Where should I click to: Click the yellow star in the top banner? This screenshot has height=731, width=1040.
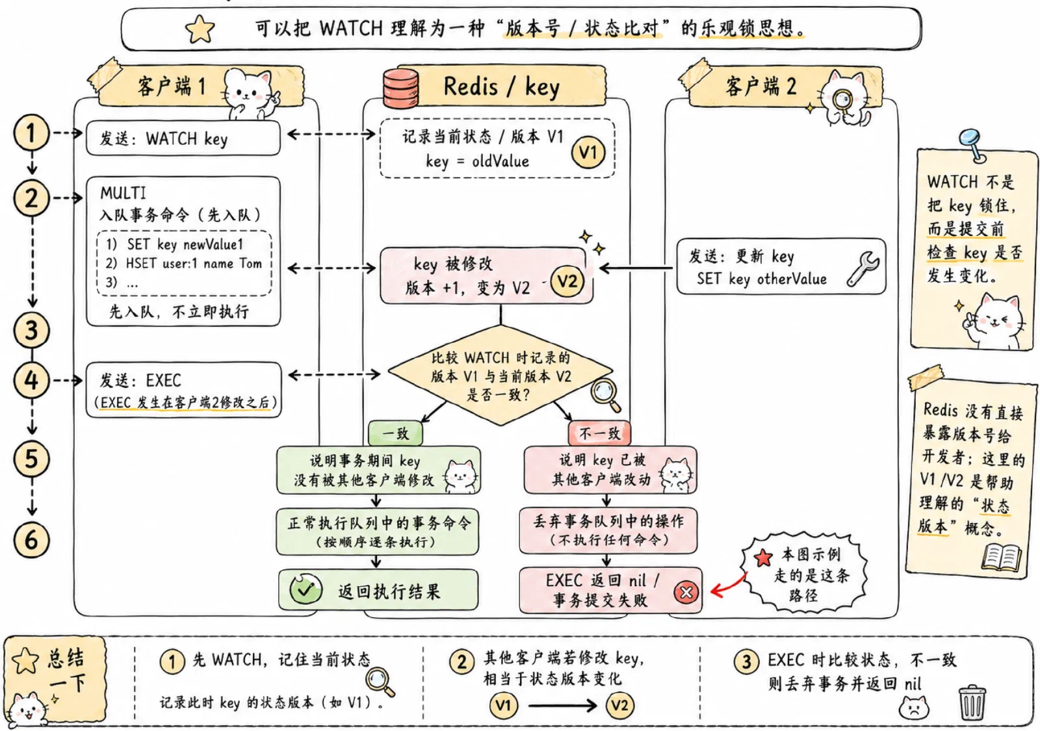pos(200,29)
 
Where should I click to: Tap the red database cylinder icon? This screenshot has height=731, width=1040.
pos(400,88)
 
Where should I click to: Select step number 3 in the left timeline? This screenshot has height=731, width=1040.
pos(31,331)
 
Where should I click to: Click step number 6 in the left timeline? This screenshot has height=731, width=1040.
pos(31,540)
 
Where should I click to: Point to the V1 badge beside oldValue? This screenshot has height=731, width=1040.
pos(588,152)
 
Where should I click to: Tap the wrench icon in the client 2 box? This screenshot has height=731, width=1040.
pos(863,269)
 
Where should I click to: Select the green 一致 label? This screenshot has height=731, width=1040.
pos(396,433)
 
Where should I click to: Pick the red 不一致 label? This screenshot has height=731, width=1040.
pos(599,433)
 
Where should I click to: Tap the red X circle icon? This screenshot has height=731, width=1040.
pos(686,592)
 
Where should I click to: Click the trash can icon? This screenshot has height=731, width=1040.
pos(972,702)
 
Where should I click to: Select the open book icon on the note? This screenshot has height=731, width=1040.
pos(1002,558)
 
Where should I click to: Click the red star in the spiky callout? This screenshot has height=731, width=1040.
pos(763,558)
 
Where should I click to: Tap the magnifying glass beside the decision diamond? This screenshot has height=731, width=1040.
pos(605,396)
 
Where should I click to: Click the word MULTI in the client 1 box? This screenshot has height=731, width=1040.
pos(123,193)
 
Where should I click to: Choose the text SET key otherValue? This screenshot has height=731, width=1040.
pos(761,279)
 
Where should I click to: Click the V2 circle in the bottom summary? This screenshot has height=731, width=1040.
pos(620,706)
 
